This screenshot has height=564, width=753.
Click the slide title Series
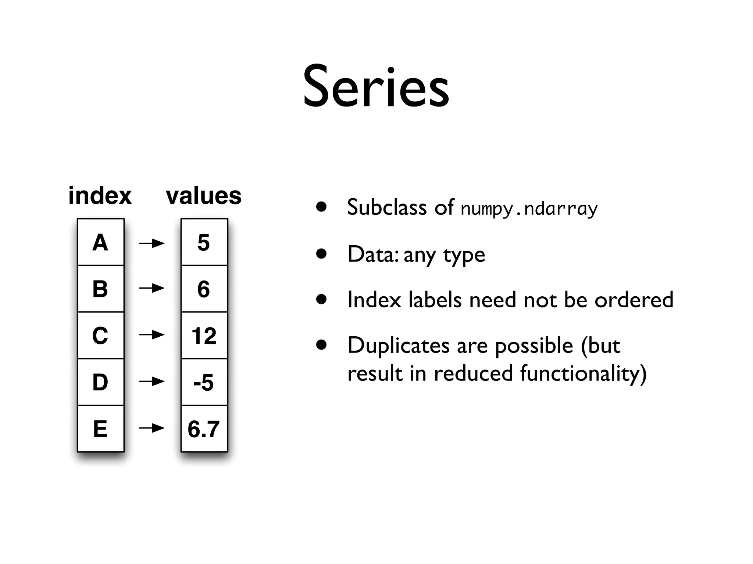point(376,87)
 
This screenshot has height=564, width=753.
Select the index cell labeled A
point(100,242)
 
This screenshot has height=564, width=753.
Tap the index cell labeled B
point(100,289)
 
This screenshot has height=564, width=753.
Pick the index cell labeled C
point(100,335)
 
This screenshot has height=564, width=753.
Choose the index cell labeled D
point(100,382)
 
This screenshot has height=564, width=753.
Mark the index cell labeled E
point(100,429)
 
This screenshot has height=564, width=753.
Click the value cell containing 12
point(204,335)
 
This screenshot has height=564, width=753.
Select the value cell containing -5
point(204,382)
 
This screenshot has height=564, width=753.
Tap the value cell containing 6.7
point(204,429)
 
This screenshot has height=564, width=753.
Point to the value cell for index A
point(204,242)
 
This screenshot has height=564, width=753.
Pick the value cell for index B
point(204,289)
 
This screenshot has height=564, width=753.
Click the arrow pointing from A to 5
point(152,243)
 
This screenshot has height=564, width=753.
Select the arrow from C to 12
point(152,335)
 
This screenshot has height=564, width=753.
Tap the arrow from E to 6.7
point(152,428)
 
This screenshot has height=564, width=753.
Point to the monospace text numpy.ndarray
point(529,209)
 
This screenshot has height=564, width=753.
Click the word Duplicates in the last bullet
point(398,346)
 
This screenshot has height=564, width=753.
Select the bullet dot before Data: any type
point(321,254)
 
